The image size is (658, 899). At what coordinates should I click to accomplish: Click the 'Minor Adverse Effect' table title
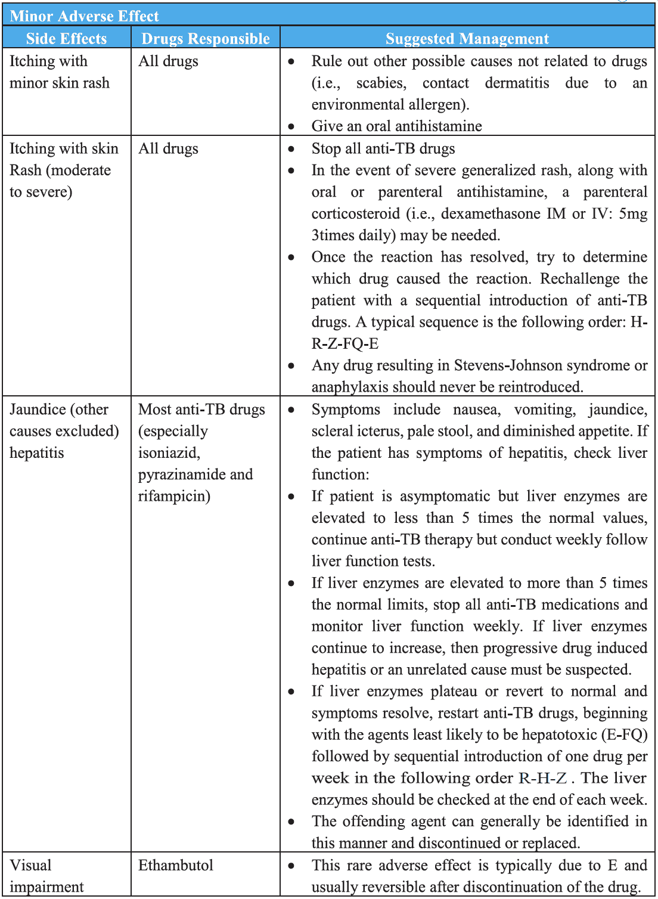[x=84, y=16]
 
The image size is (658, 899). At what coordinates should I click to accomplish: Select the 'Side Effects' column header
[x=66, y=39]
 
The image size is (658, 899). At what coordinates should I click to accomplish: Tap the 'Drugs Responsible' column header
[x=206, y=39]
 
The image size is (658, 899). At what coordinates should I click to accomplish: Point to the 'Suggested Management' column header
[x=467, y=39]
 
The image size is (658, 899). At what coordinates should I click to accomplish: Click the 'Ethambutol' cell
[x=176, y=865]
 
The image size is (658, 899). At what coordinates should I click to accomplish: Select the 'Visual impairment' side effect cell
[x=46, y=875]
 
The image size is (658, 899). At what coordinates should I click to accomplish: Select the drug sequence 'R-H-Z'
[x=542, y=778]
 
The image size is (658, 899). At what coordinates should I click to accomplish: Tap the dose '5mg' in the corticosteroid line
[x=632, y=213]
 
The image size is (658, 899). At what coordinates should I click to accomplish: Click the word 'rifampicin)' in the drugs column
[x=174, y=496]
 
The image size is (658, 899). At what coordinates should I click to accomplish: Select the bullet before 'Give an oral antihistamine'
[x=291, y=126]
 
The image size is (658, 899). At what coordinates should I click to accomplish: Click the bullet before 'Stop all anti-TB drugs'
[x=291, y=149]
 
